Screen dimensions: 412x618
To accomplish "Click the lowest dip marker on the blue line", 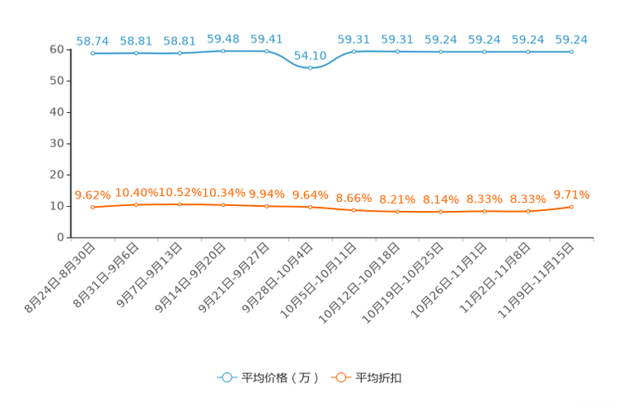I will click(311, 68).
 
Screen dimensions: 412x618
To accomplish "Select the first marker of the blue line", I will click(93, 53).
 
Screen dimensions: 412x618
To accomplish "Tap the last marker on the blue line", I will click(571, 51).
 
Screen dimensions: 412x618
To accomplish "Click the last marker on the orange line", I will click(571, 207).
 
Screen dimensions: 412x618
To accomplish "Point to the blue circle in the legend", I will click(227, 377).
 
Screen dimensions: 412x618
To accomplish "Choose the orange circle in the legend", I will click(341, 377).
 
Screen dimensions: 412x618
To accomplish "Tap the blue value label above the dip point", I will click(311, 56).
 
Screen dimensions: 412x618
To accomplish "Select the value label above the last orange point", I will click(571, 194).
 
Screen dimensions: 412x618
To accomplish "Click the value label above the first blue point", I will click(92, 40).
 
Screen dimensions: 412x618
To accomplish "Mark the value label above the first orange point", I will click(92, 195).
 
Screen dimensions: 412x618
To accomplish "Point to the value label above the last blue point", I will click(571, 38).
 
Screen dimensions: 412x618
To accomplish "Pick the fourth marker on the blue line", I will click(223, 51).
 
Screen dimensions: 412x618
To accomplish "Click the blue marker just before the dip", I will click(267, 51).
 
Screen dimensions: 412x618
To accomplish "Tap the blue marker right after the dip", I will click(354, 51).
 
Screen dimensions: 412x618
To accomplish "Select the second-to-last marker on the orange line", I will click(527, 212).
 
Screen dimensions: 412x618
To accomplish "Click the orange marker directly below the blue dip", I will click(311, 207).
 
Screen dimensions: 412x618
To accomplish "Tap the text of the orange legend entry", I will click(379, 378).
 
